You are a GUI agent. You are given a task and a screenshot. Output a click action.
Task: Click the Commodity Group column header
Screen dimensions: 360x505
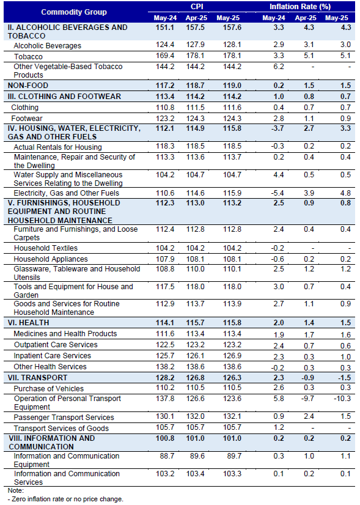pyautogui.click(x=74, y=12)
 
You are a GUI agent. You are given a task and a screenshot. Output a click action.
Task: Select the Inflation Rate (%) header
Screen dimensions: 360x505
pyautogui.click(x=300, y=7)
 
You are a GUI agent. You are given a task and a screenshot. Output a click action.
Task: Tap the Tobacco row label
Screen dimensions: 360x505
pyautogui.click(x=28, y=57)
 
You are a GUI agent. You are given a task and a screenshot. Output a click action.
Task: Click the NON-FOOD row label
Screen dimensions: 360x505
pyautogui.click(x=28, y=86)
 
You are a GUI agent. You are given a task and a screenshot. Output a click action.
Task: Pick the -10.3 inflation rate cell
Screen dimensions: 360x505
pyautogui.click(x=342, y=399)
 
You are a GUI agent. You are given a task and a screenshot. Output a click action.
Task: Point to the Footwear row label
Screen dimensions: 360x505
pyautogui.click(x=27, y=118)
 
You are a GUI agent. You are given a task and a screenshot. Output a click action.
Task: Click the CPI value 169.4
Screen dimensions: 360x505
pyautogui.click(x=165, y=56)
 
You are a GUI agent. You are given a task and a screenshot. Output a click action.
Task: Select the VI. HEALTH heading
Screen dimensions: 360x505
pyautogui.click(x=28, y=322)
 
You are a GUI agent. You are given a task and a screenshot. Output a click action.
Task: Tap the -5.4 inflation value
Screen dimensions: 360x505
pyautogui.click(x=277, y=193)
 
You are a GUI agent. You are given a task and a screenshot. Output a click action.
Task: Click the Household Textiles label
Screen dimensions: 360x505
pyautogui.click(x=46, y=248)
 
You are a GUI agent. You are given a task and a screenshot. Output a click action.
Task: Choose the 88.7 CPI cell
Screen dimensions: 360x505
pyautogui.click(x=167, y=455)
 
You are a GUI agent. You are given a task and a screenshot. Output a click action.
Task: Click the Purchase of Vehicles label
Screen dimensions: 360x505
pyautogui.click(x=49, y=388)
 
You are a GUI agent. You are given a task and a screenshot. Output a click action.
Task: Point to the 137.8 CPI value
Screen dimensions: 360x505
pyautogui.click(x=165, y=399)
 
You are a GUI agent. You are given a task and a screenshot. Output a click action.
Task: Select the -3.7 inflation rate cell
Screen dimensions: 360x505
pyautogui.click(x=277, y=128)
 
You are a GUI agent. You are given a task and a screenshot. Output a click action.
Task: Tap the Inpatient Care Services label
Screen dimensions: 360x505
pyautogui.click(x=53, y=356)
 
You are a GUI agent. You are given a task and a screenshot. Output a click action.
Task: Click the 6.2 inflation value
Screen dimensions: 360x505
pyautogui.click(x=279, y=67)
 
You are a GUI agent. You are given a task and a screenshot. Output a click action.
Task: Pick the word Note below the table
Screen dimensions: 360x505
pyautogui.click(x=16, y=490)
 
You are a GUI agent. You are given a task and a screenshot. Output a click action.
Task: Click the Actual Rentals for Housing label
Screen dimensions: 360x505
pyautogui.click(x=57, y=147)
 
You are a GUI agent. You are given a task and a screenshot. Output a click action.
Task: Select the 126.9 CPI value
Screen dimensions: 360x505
pyautogui.click(x=232, y=356)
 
